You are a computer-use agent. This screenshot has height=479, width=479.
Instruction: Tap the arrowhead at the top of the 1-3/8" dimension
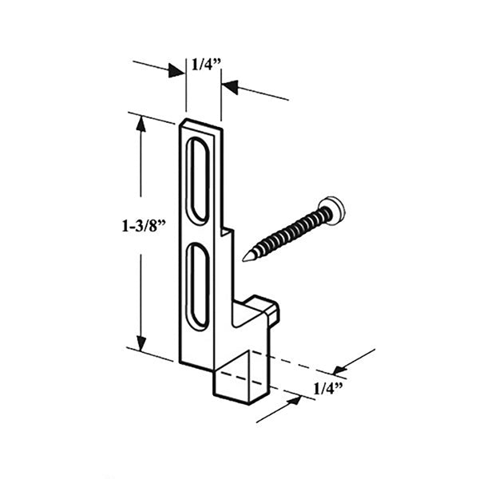pyautogui.click(x=141, y=123)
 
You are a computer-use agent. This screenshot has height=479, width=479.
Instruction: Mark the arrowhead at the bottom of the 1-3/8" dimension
pyautogui.click(x=141, y=345)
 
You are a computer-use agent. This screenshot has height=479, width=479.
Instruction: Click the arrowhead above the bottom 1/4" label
pyautogui.click(x=340, y=369)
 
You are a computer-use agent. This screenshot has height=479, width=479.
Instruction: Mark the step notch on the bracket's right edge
pyautogui.click(x=228, y=232)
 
